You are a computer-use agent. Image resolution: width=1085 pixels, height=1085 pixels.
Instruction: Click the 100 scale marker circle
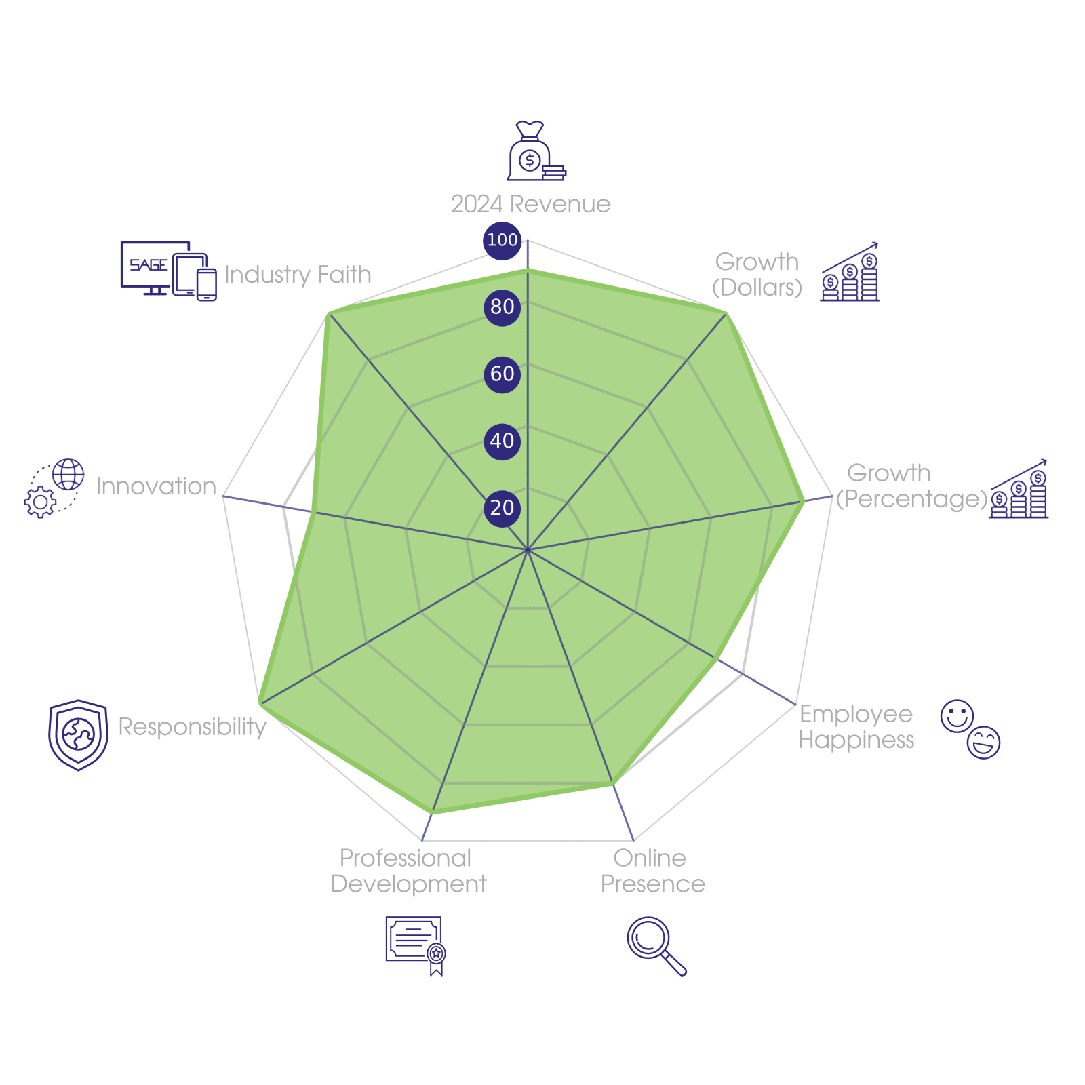click(x=502, y=240)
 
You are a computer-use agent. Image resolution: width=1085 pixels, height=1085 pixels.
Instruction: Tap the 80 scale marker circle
click(x=502, y=307)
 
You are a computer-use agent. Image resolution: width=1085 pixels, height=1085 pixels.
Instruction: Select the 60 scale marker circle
click(x=502, y=374)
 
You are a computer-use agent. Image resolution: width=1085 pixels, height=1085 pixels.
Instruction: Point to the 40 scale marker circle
click(x=502, y=441)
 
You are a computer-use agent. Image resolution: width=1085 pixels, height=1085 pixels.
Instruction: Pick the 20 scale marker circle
click(x=502, y=507)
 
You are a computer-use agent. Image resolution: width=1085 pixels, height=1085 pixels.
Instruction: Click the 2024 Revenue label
click(x=530, y=204)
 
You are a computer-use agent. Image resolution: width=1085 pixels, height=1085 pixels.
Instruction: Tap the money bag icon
click(x=535, y=152)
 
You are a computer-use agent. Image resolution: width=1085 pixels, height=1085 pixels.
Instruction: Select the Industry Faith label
click(x=298, y=275)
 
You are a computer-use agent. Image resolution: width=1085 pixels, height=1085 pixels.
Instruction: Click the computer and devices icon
click(x=168, y=270)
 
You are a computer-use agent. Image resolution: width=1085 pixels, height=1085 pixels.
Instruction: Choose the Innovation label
click(x=156, y=486)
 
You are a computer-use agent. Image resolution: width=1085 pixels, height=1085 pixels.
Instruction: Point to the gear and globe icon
click(x=54, y=488)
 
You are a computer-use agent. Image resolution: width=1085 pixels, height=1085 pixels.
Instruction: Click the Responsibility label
click(x=193, y=727)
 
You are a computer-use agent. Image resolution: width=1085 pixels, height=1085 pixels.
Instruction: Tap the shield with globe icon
click(x=79, y=734)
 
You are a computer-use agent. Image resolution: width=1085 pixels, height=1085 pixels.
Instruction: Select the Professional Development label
click(x=408, y=871)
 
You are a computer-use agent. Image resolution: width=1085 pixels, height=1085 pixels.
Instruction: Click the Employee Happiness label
click(x=856, y=727)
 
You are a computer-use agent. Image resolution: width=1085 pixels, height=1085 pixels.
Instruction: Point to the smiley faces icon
click(x=970, y=728)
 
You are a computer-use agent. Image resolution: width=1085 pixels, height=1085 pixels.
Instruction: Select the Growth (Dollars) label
click(x=757, y=275)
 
